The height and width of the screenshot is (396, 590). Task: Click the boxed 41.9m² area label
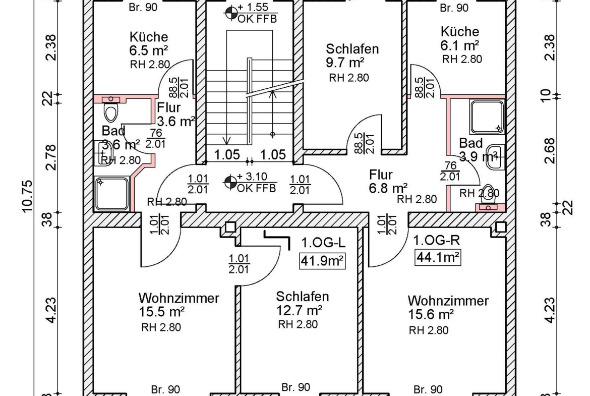click(322, 261)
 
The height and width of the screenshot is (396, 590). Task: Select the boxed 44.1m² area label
click(438, 257)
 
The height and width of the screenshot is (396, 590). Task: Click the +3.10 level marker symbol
click(230, 183)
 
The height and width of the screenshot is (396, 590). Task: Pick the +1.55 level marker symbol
click(231, 14)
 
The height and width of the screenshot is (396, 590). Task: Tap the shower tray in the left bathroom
click(112, 194)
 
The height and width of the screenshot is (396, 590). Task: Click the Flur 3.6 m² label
click(175, 114)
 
